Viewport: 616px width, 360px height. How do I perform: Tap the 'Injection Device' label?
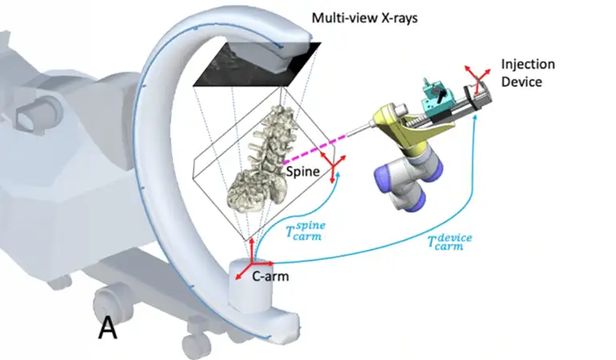[527, 72]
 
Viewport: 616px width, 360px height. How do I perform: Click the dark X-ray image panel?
[256, 63]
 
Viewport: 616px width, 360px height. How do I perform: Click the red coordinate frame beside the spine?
[334, 165]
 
